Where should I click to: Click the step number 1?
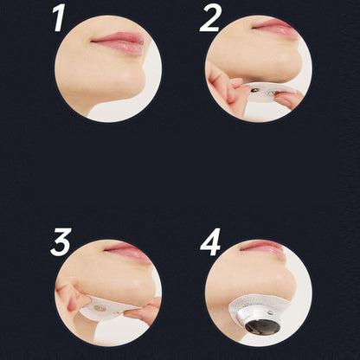59,18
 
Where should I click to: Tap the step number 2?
210,18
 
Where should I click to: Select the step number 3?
61,242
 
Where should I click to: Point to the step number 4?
210,242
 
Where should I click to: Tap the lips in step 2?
276,29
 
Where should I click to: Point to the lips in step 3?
128,252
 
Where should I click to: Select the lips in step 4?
263,247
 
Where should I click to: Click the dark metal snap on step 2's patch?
254,90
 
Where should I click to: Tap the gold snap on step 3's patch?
100,308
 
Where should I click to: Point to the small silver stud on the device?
270,312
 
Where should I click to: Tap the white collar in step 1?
121,110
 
